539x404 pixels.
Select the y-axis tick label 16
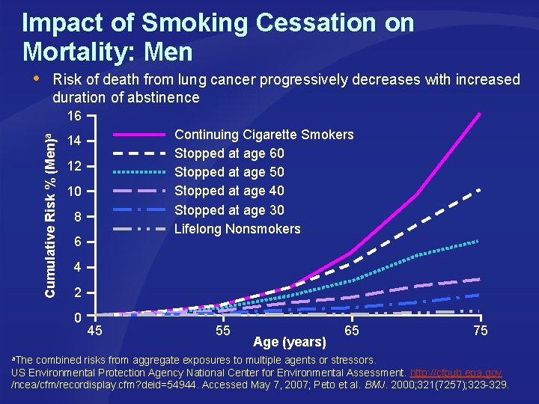(73, 117)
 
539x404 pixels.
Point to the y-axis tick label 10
(73, 192)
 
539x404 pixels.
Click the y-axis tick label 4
(76, 268)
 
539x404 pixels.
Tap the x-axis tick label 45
(95, 331)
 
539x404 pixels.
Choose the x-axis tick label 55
(222, 331)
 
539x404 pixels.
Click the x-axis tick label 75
(480, 331)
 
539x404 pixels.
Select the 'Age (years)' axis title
(290, 343)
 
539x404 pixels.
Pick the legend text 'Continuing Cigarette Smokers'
(264, 135)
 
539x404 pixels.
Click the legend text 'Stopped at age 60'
(229, 153)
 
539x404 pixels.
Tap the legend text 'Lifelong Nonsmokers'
(237, 229)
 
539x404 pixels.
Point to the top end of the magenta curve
(479, 114)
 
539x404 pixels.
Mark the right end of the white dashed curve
(479, 190)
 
